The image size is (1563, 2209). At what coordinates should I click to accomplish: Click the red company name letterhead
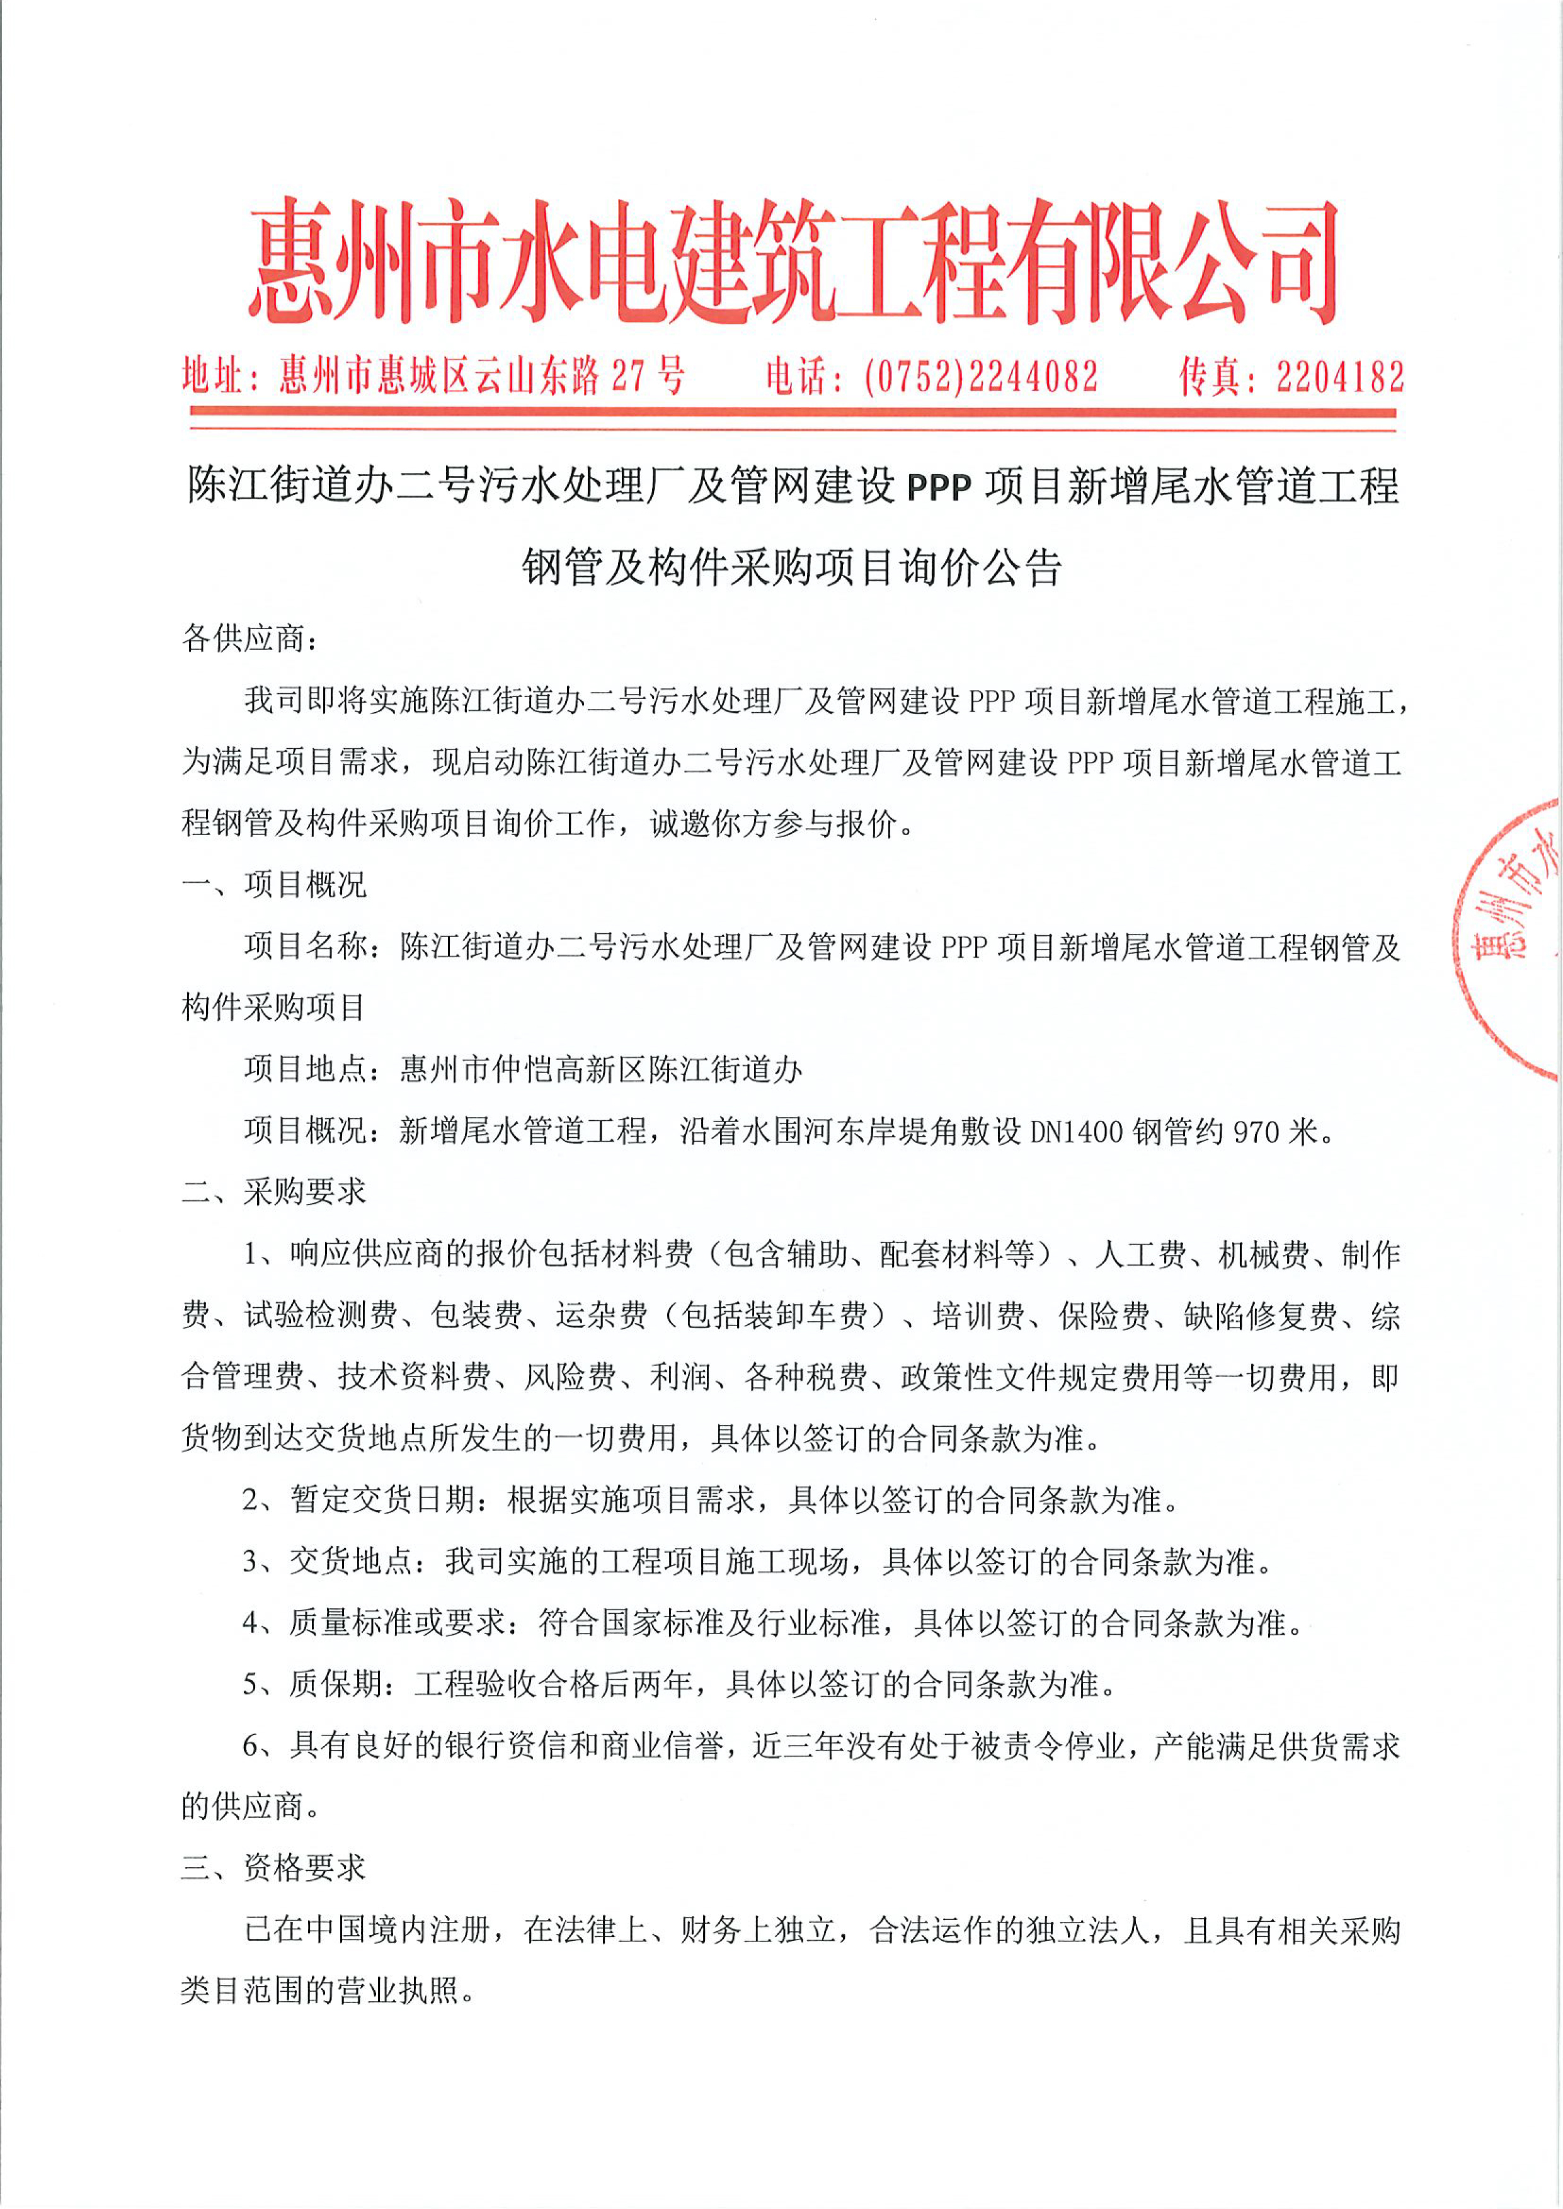coord(794,262)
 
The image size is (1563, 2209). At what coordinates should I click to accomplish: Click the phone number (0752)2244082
coord(981,376)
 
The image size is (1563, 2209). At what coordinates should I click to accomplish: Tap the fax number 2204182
coord(1340,376)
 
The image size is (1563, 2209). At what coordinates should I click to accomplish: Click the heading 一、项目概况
coord(274,884)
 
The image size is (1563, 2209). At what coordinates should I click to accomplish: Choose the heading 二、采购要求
coord(274,1192)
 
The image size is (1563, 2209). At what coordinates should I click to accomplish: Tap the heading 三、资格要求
coord(274,1868)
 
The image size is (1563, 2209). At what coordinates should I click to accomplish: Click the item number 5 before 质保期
coord(251,1684)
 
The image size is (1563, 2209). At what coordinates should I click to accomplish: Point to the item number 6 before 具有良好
coord(251,1746)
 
